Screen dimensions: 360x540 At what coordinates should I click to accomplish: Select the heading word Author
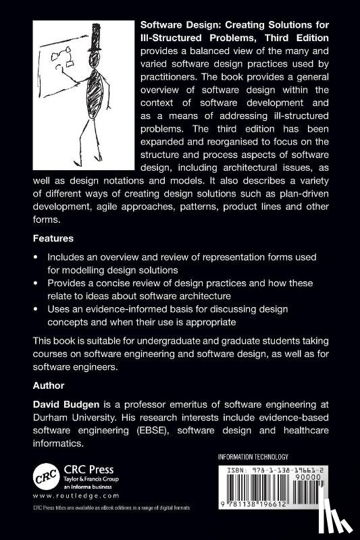[49, 386]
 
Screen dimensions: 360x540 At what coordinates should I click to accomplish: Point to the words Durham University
[71, 417]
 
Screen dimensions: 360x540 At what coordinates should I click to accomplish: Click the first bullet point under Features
[36, 259]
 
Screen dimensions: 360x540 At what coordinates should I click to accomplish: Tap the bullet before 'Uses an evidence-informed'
[36, 309]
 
